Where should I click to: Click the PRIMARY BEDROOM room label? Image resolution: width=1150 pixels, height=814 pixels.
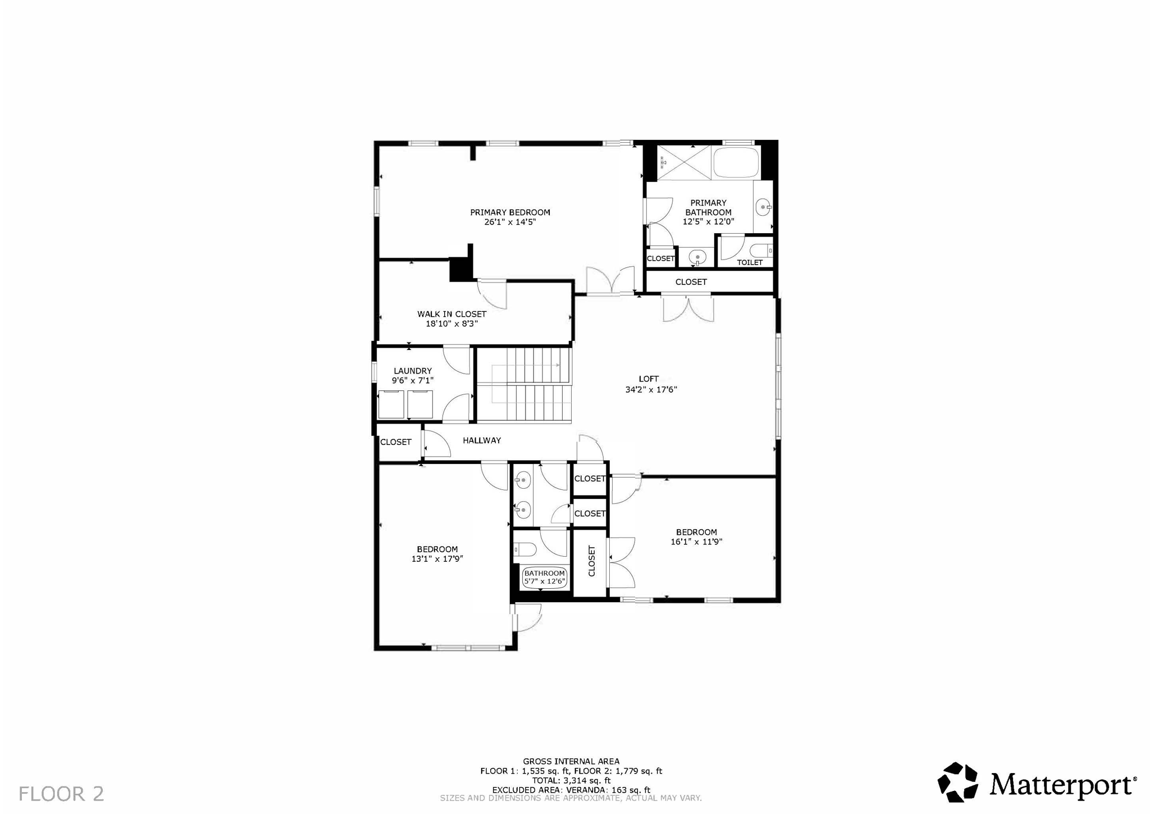[x=510, y=212]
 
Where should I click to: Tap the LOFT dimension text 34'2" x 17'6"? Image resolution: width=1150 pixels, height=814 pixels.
[x=651, y=389]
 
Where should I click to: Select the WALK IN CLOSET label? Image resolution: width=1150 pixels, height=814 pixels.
[x=451, y=314]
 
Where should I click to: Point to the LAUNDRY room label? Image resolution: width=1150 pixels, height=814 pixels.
[x=413, y=371]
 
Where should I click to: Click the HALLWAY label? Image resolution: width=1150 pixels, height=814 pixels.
[x=482, y=440]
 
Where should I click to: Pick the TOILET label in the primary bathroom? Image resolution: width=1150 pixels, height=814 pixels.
[x=750, y=262]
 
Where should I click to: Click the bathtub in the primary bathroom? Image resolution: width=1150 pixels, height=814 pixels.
[x=736, y=162]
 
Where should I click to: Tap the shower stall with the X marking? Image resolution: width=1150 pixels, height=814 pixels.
[x=683, y=162]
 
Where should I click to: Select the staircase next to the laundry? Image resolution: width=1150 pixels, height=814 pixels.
[x=523, y=385]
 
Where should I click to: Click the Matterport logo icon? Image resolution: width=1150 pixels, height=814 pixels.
[x=957, y=781]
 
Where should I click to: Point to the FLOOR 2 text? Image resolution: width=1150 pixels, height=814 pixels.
[x=61, y=794]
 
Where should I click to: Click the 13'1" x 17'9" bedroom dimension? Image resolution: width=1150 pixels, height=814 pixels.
[x=437, y=559]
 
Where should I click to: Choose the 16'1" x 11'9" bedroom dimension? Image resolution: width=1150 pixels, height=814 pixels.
[x=696, y=542]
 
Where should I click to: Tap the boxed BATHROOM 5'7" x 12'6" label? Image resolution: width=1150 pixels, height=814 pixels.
[x=544, y=577]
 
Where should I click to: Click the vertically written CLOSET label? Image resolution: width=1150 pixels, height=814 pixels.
[x=591, y=561]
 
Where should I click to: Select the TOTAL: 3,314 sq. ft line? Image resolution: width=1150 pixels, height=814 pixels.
[x=571, y=780]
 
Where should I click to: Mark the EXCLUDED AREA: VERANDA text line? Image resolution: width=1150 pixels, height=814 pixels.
[x=571, y=789]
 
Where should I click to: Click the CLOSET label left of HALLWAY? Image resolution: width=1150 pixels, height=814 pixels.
[x=396, y=442]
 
